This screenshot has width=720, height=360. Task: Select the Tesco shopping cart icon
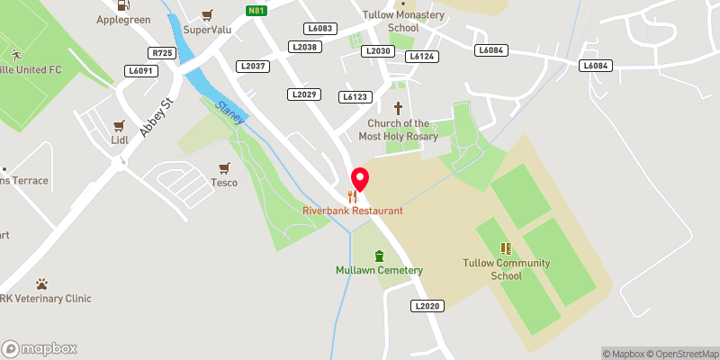(224, 167)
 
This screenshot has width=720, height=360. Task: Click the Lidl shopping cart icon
(118, 127)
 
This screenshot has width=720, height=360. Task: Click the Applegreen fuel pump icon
(123, 4)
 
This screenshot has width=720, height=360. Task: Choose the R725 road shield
(162, 53)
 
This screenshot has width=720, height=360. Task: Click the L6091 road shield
(142, 70)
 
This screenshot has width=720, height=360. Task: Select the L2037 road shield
(253, 66)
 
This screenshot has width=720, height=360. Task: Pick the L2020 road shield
(427, 306)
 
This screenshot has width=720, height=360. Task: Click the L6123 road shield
(355, 96)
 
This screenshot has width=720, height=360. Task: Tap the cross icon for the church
(397, 108)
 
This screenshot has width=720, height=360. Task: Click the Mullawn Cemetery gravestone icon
(379, 256)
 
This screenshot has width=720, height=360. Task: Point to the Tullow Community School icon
(506, 248)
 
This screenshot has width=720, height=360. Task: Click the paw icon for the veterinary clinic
(41, 283)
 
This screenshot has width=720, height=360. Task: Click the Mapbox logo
(40, 348)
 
